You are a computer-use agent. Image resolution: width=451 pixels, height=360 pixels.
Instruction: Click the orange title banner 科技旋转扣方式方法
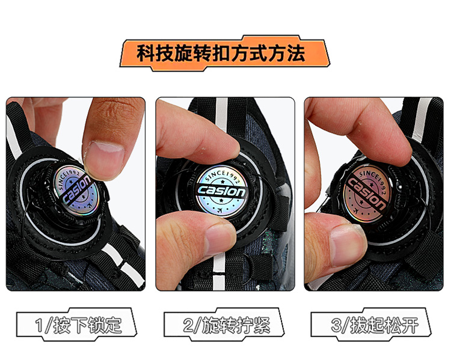225,53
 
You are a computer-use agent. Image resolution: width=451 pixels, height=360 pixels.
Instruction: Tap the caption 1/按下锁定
78,325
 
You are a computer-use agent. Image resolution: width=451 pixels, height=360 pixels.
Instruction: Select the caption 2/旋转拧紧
227,325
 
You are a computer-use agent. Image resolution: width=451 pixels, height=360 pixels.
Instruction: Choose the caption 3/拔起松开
375,325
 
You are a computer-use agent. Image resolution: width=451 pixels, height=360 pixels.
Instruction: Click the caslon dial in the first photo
76,190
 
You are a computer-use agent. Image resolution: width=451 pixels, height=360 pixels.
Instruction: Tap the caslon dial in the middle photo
221,191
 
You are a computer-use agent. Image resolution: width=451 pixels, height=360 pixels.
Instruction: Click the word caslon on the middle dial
221,191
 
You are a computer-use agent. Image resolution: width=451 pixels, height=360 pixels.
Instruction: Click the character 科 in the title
146,53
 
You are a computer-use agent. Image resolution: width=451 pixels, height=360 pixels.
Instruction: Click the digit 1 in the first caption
39,326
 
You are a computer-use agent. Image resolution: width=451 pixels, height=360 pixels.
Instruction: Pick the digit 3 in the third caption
336,326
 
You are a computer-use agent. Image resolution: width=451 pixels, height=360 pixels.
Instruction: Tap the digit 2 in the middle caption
188,326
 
